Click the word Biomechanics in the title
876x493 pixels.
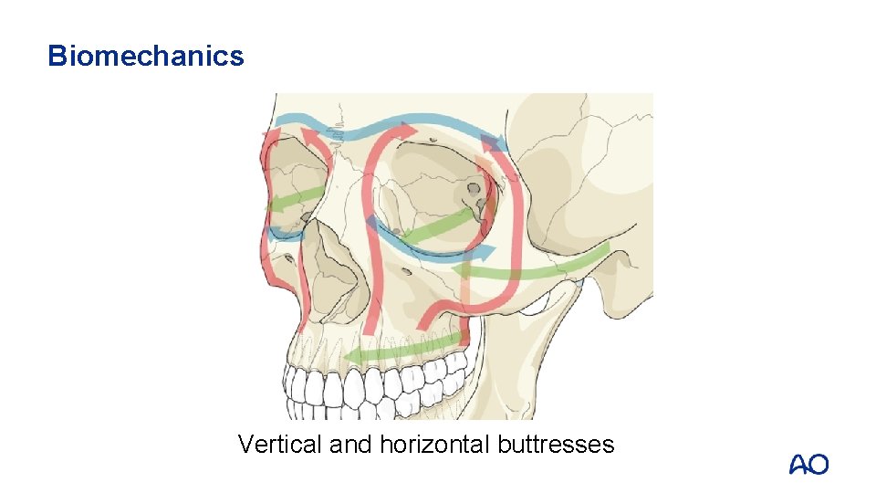146,57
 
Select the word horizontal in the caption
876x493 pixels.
435,445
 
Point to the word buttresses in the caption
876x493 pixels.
557,445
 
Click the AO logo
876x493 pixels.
808,465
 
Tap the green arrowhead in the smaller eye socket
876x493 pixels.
274,205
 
